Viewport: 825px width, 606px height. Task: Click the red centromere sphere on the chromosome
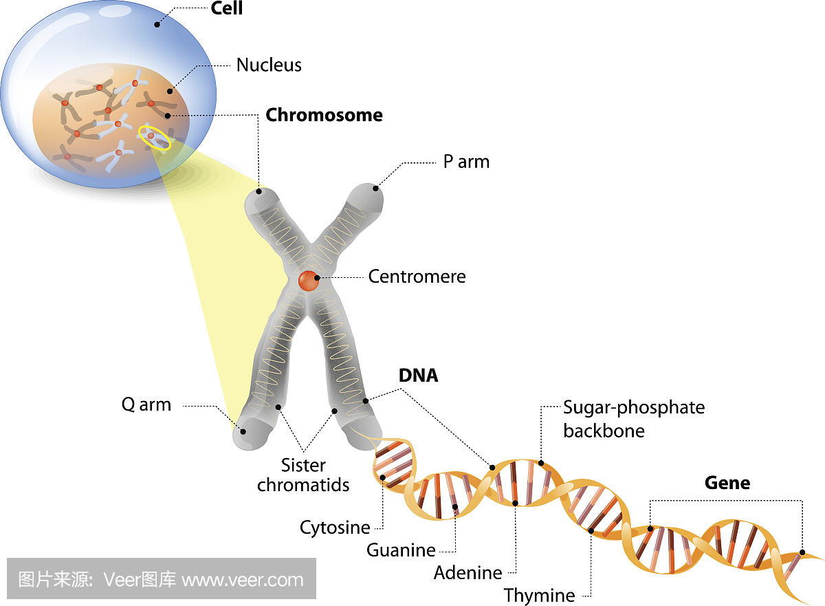point(308,281)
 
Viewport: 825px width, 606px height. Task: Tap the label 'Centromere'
point(417,277)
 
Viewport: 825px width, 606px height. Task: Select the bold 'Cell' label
point(226,10)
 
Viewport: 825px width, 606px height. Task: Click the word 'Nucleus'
point(269,65)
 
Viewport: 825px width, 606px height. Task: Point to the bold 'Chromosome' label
point(324,115)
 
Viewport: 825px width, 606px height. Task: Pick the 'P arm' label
point(466,162)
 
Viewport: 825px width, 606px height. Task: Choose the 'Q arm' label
point(146,404)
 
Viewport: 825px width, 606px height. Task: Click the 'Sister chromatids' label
point(303,475)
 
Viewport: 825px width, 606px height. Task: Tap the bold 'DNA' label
point(418,376)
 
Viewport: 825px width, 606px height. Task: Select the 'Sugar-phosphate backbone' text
point(634,419)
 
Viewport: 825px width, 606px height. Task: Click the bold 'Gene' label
point(727,483)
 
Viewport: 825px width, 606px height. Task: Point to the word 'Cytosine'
point(335,528)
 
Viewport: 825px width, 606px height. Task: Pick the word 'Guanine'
point(401,550)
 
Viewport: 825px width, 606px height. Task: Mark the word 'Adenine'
point(468,572)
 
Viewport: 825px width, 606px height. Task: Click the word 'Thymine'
point(540,595)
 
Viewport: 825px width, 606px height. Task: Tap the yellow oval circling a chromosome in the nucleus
point(154,137)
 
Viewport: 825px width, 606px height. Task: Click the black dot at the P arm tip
point(376,188)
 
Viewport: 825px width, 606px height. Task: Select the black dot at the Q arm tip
point(242,432)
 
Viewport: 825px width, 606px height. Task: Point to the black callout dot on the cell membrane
point(157,24)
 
